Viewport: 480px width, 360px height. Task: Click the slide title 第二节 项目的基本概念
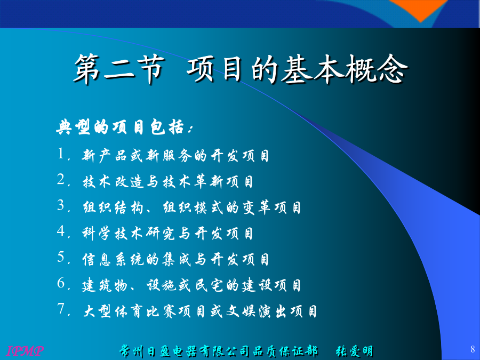(241, 69)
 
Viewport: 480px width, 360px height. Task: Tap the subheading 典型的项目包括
(121, 127)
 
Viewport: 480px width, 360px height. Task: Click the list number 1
(61, 154)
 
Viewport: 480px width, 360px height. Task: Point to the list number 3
(61, 205)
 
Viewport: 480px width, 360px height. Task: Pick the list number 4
(61, 231)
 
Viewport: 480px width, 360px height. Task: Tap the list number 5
(61, 257)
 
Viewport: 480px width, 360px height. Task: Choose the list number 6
(61, 283)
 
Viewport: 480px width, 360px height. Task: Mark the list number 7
(61, 309)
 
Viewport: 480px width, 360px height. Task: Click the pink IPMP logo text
(25, 351)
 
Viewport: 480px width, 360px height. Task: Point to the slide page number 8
(473, 349)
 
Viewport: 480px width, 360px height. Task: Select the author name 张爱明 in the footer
(355, 351)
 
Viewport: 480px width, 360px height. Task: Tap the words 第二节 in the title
(119, 69)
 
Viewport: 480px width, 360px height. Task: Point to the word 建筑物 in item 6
(105, 285)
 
